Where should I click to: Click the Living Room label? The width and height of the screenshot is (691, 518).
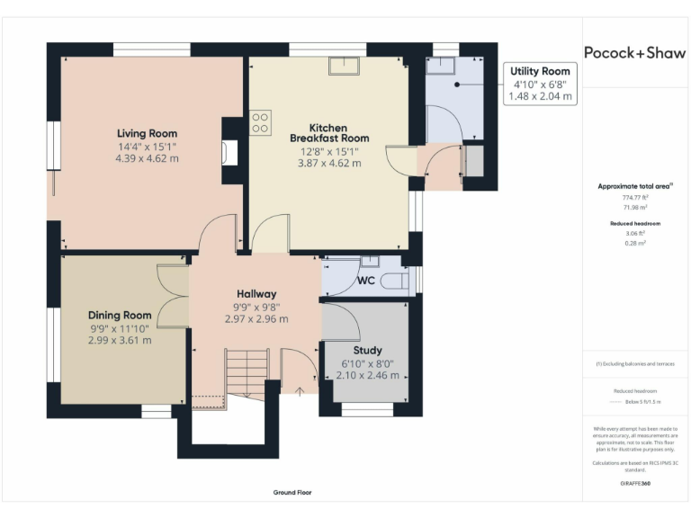[x=148, y=134]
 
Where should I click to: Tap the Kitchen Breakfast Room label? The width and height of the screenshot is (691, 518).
[x=329, y=133]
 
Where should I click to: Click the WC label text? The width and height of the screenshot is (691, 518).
[x=366, y=281]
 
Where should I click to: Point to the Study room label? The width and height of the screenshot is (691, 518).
[x=367, y=350]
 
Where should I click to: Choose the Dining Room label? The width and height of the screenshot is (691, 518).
[x=120, y=316]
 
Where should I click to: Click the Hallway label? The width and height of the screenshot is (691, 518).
[x=256, y=294]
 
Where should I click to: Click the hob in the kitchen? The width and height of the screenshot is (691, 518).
[x=261, y=121]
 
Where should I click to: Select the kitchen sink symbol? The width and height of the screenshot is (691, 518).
[x=344, y=66]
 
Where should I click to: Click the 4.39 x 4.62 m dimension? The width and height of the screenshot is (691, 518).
[x=148, y=158]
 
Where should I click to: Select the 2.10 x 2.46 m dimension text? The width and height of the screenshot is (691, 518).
[x=367, y=375]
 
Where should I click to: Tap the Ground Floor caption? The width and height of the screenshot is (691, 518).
[x=292, y=493]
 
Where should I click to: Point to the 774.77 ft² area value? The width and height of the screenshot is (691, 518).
[x=635, y=196]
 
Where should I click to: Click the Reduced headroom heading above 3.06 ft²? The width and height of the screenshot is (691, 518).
[x=635, y=222]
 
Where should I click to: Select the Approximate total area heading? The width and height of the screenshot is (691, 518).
[x=634, y=186]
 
